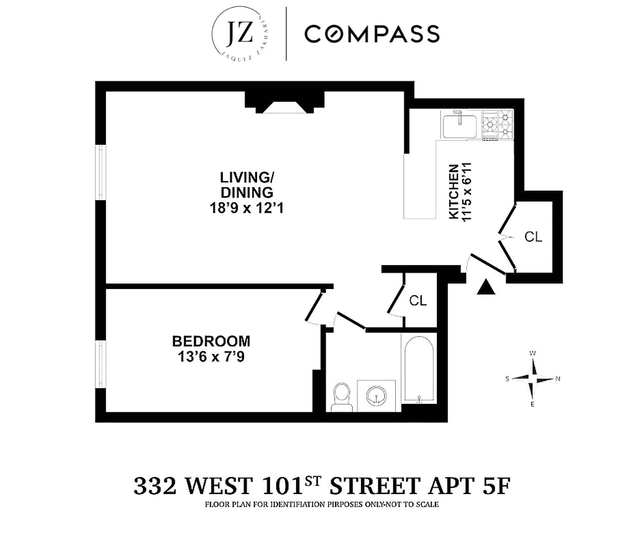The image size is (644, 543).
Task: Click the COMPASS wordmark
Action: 372,34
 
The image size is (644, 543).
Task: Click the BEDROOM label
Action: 211,341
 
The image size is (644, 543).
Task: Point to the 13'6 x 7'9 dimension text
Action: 211,357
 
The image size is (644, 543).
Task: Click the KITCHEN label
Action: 453,191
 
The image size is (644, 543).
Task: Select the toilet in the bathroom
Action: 342,397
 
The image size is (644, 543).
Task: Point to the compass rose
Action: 533,379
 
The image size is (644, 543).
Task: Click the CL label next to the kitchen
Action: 533,237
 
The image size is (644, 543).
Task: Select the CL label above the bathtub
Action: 417,300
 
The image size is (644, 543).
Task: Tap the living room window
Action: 101,172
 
